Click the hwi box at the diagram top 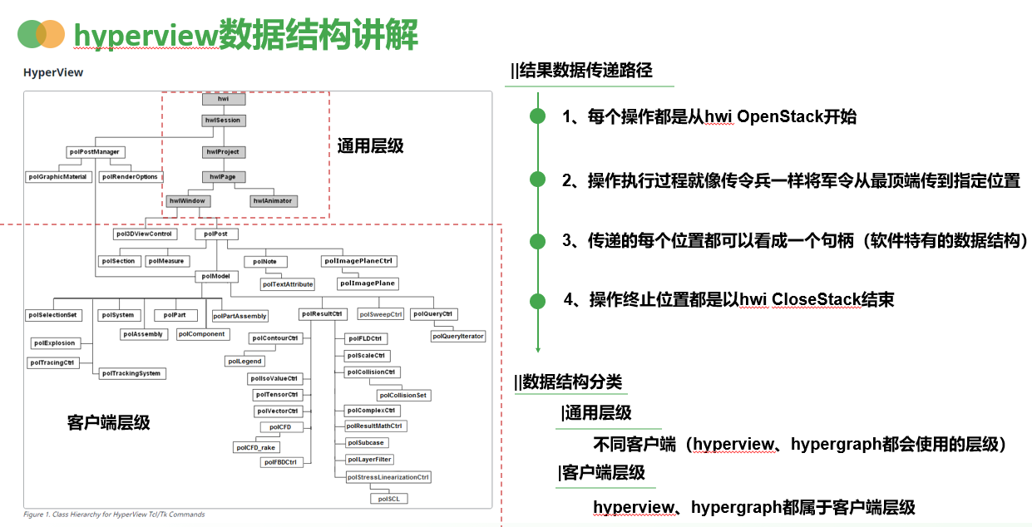223,99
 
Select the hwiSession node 223,121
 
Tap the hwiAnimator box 273,201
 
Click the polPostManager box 96,152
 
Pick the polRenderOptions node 131,177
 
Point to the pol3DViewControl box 144,234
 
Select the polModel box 215,276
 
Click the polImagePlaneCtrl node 358,261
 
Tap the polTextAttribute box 288,284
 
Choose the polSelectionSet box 53,316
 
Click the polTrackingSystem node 132,374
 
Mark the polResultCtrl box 322,314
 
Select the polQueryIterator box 458,337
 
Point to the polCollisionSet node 403,396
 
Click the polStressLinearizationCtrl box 388,478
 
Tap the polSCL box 389,499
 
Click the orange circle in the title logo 52,34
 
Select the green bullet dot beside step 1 538,117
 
